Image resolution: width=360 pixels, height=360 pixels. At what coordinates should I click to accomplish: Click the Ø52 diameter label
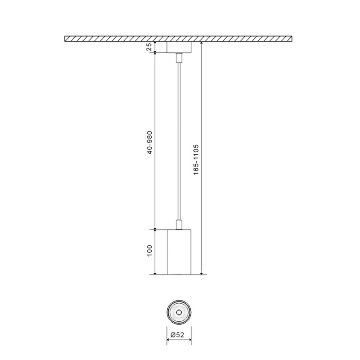[x=179, y=335]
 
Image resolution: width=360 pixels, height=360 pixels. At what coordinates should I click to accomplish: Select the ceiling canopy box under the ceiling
[x=179, y=47]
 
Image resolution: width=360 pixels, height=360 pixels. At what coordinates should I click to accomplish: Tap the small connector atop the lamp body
[x=179, y=225]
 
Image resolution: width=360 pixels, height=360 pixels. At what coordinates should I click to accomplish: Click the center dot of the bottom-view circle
[x=179, y=311]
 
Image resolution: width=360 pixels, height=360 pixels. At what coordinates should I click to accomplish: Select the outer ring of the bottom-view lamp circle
[x=168, y=311]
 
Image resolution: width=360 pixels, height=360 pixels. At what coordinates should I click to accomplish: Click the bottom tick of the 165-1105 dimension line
[x=201, y=274]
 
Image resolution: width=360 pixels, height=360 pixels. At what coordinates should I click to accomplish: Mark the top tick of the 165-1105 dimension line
[x=201, y=42]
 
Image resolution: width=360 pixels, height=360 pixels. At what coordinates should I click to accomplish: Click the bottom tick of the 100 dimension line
[x=155, y=274]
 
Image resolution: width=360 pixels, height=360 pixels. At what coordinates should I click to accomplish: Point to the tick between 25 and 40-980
[x=155, y=53]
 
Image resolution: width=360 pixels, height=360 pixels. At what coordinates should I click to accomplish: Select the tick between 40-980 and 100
[x=155, y=229]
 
